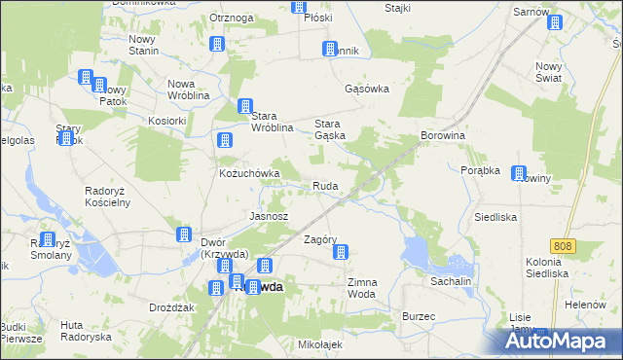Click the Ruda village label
pos(324,186)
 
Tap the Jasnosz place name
pos(269,215)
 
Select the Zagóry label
pos(320,239)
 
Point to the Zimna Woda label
pos(361,288)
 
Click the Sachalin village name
pos(452,281)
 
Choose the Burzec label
pos(419,317)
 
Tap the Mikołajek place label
pos(321,344)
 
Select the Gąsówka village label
pos(367,89)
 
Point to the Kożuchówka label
pos(249,174)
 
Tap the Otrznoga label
pos(232,18)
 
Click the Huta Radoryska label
pos(85,331)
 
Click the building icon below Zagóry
pos(341,253)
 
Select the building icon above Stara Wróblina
pos(246,107)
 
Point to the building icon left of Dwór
pos(184,234)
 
